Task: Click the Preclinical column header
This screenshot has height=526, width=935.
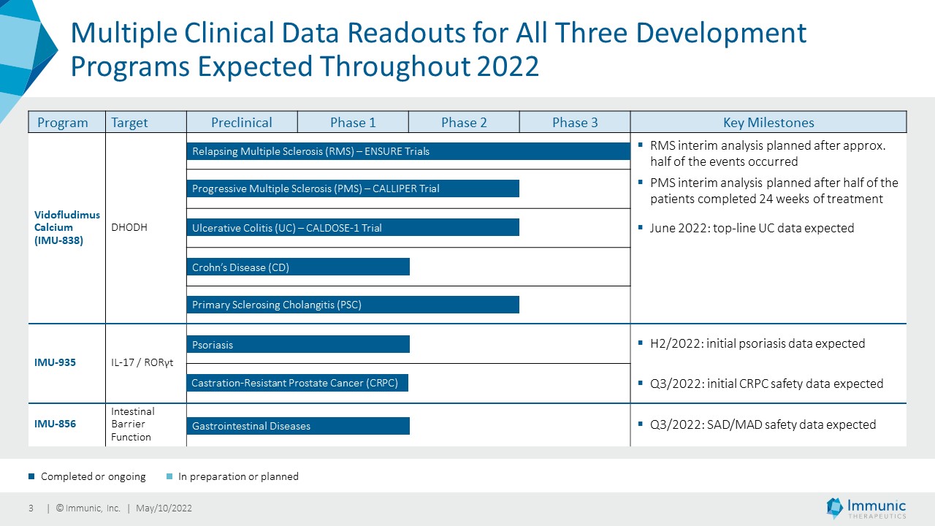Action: tap(242, 122)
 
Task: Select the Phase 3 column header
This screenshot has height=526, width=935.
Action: tap(575, 122)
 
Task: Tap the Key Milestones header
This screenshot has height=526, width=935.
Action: tap(768, 122)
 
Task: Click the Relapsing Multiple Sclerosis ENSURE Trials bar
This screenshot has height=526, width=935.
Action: tap(408, 151)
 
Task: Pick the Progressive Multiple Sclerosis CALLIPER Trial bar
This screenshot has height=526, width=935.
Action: tap(353, 188)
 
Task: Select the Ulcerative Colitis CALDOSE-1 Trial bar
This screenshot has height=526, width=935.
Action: tap(353, 227)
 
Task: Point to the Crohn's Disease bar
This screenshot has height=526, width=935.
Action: tap(298, 267)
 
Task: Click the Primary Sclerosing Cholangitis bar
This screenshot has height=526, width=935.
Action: tap(353, 305)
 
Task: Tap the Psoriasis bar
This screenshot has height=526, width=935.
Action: tap(298, 344)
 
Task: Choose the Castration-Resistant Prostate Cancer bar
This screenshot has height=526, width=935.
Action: tap(297, 383)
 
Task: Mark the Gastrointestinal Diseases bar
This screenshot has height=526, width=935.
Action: tap(298, 426)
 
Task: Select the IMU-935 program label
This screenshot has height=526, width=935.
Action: tap(55, 362)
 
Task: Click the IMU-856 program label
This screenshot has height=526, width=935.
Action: tap(55, 424)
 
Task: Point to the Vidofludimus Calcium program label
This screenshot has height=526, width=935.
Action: tap(66, 227)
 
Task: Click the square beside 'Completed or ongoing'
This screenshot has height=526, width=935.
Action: tap(31, 476)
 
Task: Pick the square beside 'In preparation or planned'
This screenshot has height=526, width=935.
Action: tap(169, 476)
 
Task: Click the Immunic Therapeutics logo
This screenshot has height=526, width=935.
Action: tap(866, 508)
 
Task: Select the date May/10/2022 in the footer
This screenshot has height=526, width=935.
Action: tap(164, 508)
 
